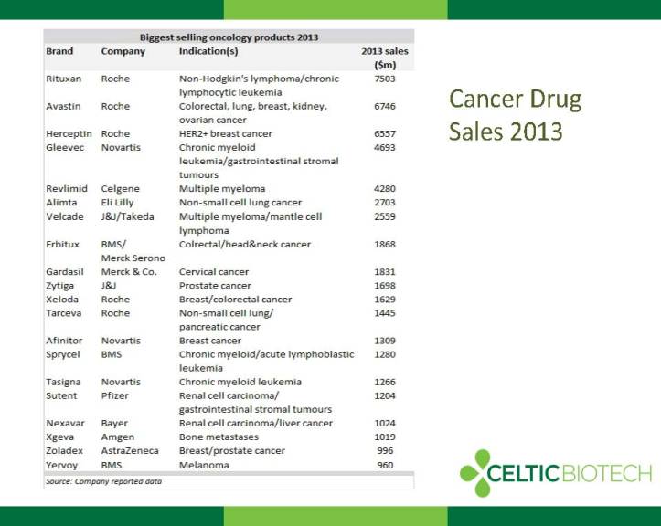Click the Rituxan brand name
64,79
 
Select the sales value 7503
385,79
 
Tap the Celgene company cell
120,189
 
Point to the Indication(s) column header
208,51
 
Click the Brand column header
59,51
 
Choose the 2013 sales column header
385,58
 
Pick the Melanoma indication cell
204,465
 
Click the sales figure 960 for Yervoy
385,465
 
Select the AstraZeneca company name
130,450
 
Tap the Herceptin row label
69,134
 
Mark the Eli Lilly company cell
117,203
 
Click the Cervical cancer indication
214,272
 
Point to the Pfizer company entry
114,395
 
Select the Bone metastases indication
219,437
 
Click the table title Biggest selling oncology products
229,37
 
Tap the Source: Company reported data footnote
103,481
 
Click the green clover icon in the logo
476,473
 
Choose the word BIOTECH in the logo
607,473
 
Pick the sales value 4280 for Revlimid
385,189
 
